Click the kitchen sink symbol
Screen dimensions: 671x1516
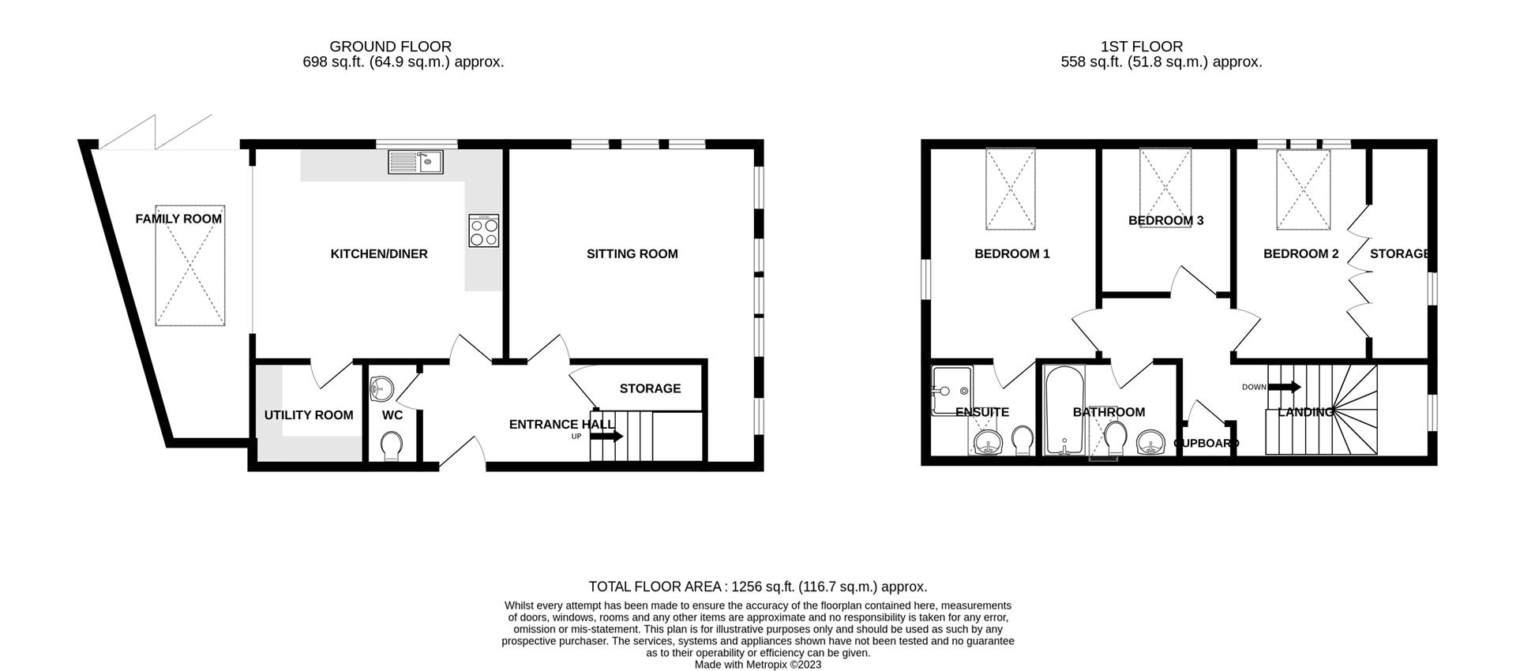(416, 163)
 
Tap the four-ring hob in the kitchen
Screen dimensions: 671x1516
(484, 231)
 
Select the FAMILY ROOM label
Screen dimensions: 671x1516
(178, 219)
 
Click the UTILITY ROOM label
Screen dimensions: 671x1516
(309, 415)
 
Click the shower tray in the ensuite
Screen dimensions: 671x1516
(952, 390)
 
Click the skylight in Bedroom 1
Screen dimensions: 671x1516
(1010, 189)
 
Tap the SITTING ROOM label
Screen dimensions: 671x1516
(632, 254)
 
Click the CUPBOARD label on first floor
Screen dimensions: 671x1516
(1206, 444)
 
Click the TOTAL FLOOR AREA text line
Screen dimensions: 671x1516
(757, 587)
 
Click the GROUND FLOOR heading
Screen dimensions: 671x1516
(390, 47)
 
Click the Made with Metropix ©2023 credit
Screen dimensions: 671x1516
(757, 665)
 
